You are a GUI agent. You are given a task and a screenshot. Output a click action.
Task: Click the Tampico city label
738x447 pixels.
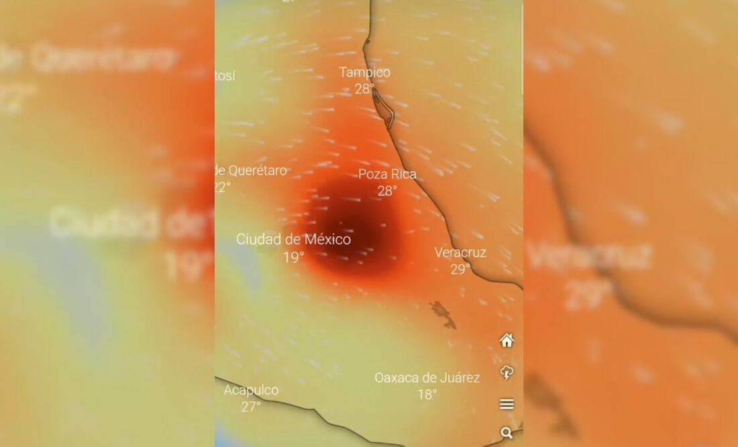pyautogui.click(x=364, y=72)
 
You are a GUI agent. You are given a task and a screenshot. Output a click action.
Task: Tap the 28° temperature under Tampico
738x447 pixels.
pyautogui.click(x=364, y=89)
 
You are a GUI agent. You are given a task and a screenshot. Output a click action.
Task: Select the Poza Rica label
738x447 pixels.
pyautogui.click(x=387, y=175)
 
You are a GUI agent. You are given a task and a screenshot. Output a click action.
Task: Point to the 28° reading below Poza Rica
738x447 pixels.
pyautogui.click(x=387, y=191)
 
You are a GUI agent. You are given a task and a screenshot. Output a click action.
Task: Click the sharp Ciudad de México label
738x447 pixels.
pyautogui.click(x=293, y=240)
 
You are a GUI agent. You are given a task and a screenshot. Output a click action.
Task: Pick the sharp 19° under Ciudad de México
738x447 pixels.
pyautogui.click(x=293, y=257)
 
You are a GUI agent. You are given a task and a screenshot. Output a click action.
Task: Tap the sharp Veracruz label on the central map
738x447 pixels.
pyautogui.click(x=460, y=253)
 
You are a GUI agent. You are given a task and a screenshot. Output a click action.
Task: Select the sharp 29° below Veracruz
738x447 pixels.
pyautogui.click(x=460, y=270)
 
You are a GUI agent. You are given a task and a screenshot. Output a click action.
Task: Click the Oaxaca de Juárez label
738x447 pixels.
pyautogui.click(x=427, y=378)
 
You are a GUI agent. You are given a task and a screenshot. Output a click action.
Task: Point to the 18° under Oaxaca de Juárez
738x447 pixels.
pyautogui.click(x=427, y=395)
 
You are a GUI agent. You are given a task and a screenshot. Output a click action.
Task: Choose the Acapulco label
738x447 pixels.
pyautogui.click(x=251, y=390)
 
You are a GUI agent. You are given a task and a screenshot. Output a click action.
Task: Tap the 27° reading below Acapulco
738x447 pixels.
pyautogui.click(x=251, y=407)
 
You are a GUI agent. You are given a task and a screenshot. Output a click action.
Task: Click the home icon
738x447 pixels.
pyautogui.click(x=507, y=341)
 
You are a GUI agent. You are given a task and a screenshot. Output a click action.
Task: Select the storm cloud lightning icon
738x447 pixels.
pyautogui.click(x=507, y=373)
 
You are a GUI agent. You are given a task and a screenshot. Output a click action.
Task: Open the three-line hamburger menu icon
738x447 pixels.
pyautogui.click(x=507, y=404)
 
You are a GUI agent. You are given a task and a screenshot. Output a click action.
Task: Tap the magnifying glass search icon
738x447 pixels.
pyautogui.click(x=507, y=433)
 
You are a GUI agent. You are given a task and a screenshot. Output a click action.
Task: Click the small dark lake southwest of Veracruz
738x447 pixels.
pyautogui.click(x=443, y=313)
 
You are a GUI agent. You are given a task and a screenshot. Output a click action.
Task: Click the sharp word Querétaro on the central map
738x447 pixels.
pyautogui.click(x=258, y=170)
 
